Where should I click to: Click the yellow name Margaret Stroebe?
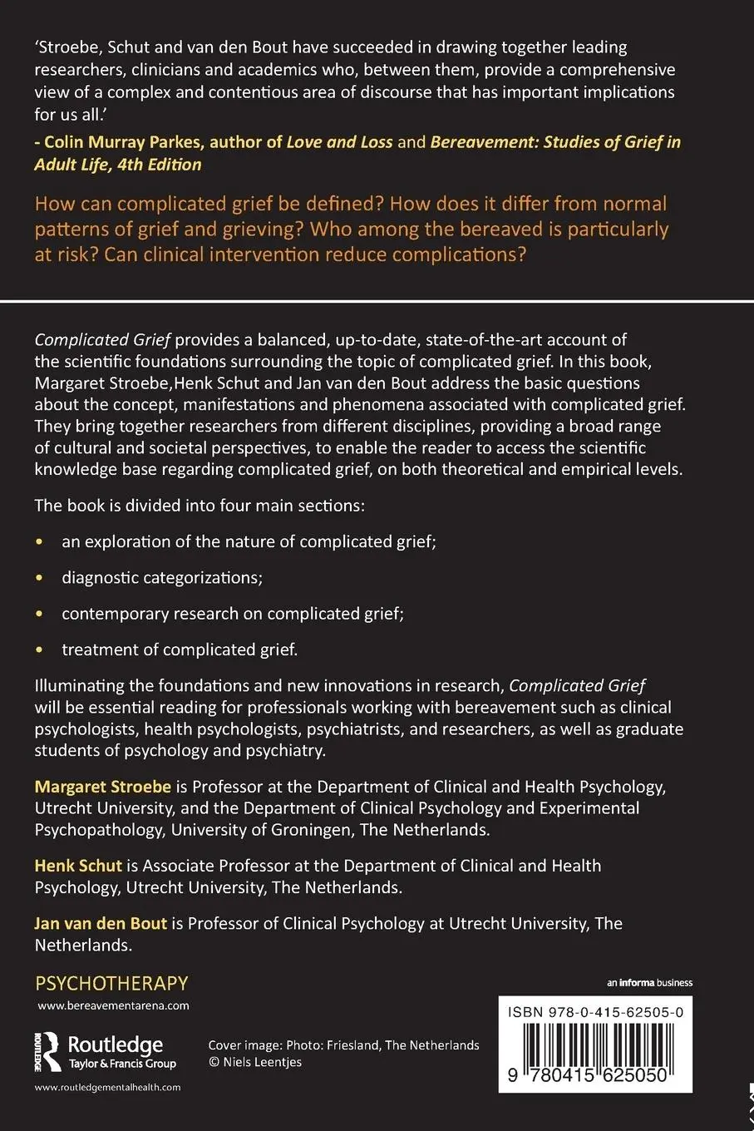click(x=102, y=787)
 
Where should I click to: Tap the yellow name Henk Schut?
click(x=78, y=866)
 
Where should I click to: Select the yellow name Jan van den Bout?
click(x=101, y=923)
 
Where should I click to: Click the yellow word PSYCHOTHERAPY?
click(x=111, y=983)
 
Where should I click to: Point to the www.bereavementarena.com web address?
click(x=113, y=1005)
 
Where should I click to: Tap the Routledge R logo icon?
click(x=51, y=1051)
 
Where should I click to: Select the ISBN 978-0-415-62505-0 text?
click(x=595, y=1012)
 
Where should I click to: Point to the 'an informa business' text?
click(x=649, y=983)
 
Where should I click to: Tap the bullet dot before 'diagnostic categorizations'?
click(x=39, y=577)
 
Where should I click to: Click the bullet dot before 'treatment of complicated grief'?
click(x=39, y=649)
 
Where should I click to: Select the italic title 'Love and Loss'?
click(x=339, y=142)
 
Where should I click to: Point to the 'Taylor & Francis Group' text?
click(x=122, y=1064)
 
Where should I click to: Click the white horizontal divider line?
click(x=377, y=300)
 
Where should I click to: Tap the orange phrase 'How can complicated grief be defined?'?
click(x=209, y=204)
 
